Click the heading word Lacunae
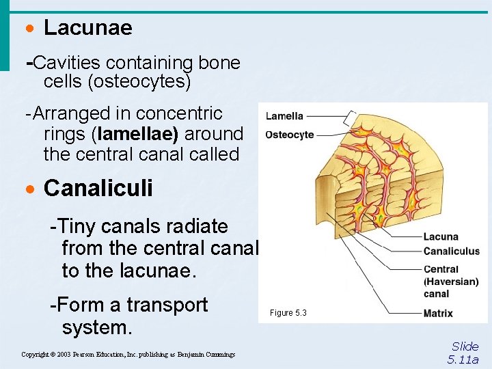[x=87, y=28]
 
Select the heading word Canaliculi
[x=98, y=189]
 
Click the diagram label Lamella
[x=284, y=116]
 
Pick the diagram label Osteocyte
[x=290, y=135]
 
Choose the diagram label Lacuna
[x=441, y=237]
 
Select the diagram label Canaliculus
[x=452, y=251]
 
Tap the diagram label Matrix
[x=438, y=314]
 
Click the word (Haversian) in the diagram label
[x=451, y=282]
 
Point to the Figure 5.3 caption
[x=288, y=313]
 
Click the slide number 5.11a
[x=463, y=359]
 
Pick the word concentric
[x=179, y=113]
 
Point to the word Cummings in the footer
[x=218, y=355]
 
